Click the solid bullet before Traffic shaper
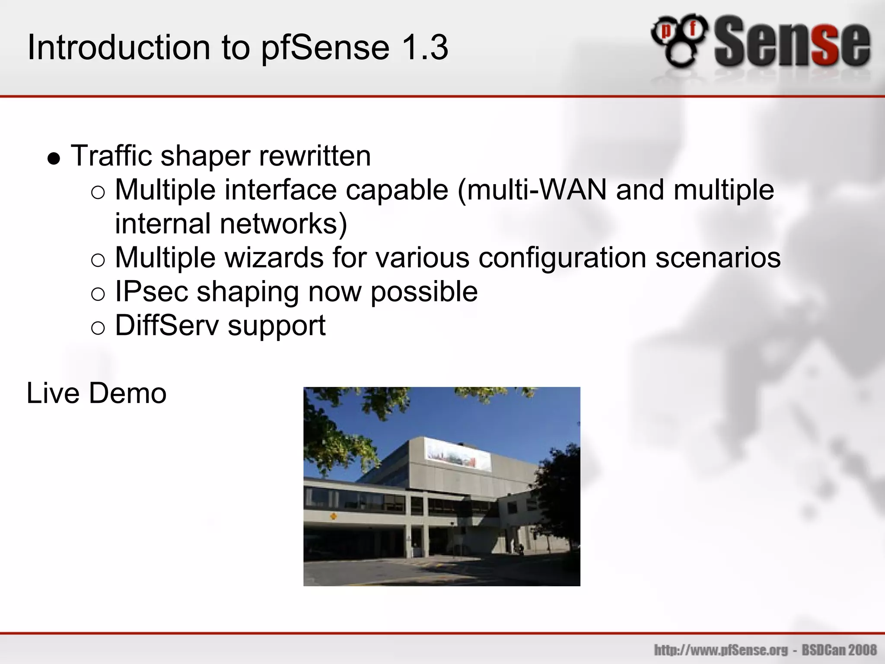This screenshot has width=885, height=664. pyautogui.click(x=54, y=159)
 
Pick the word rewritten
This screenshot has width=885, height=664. pyautogui.click(x=315, y=156)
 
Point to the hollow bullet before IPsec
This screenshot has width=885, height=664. pyautogui.click(x=98, y=294)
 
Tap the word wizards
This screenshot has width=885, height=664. pyautogui.click(x=274, y=258)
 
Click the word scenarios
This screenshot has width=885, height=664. pyautogui.click(x=718, y=258)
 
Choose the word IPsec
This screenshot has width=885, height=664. pyautogui.click(x=151, y=291)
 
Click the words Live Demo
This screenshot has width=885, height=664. pyautogui.click(x=96, y=393)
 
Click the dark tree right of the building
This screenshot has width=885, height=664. pyautogui.click(x=560, y=497)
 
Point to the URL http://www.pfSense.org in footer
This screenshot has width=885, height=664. pyautogui.click(x=721, y=650)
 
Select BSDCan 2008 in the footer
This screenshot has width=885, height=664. pyautogui.click(x=839, y=650)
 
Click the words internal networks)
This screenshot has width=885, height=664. pyautogui.click(x=231, y=224)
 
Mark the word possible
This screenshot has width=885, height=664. pyautogui.click(x=424, y=291)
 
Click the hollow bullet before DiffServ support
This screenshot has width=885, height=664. pyautogui.click(x=98, y=328)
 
